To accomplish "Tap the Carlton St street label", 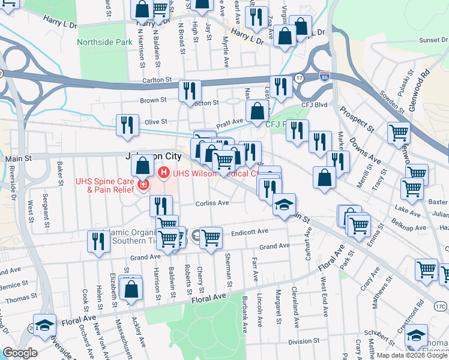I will pyautogui.click(x=157, y=79).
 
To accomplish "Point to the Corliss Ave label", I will pyautogui.click(x=212, y=203).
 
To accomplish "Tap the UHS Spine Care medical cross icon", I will pyautogui.click(x=143, y=185).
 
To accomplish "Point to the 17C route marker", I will pyautogui.click(x=441, y=305).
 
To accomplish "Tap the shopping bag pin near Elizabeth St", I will pyautogui.click(x=131, y=288).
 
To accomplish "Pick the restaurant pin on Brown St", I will pyautogui.click(x=190, y=91).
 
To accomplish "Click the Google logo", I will pyautogui.click(x=20, y=353).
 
